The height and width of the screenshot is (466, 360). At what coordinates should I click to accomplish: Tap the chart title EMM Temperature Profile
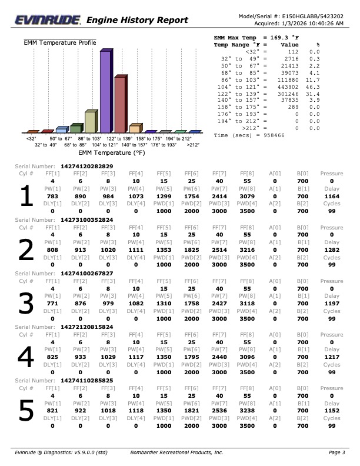pos(59,42)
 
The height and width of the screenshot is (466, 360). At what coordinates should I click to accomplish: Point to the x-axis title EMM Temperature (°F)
pos(112,152)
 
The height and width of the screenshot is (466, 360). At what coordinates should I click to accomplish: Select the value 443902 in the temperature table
pos(288,86)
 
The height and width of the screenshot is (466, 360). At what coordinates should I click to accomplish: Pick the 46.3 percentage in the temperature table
pos(314,86)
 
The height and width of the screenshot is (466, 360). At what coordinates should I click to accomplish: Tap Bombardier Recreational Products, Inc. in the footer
pos(176,452)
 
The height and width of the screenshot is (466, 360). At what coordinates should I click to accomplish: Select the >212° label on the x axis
pos(192,144)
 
